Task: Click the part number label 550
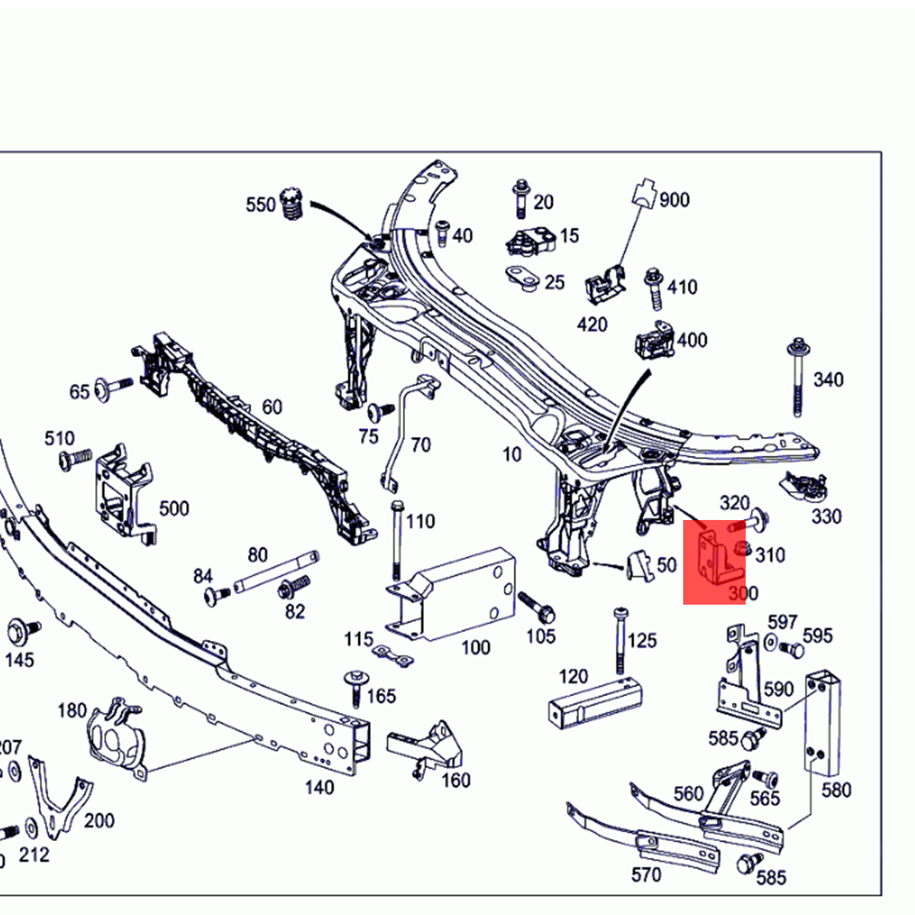(260, 205)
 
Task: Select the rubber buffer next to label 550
(291, 204)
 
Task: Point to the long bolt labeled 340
(798, 377)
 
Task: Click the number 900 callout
(674, 201)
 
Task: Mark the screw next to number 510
(75, 459)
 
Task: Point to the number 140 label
(319, 787)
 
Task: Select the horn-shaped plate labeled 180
(114, 736)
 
